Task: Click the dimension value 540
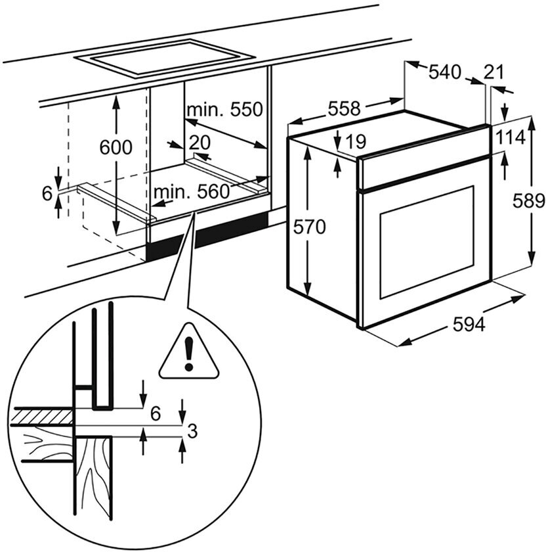click(445, 72)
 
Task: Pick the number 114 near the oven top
click(511, 138)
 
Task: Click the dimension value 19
click(356, 141)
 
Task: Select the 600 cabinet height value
click(115, 147)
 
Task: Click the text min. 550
click(223, 109)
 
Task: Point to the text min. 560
click(191, 192)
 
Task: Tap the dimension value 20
click(199, 143)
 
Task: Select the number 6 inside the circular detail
click(156, 413)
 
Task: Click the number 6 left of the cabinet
click(47, 193)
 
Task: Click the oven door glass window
click(426, 242)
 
